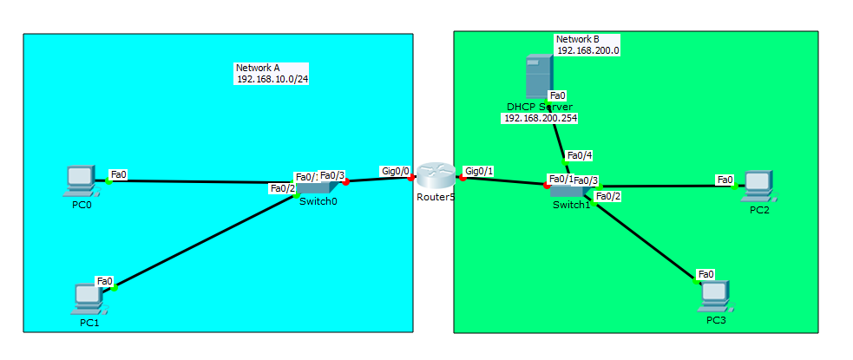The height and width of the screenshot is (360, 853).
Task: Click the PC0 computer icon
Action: (80, 179)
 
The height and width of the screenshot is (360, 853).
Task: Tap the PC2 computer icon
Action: (757, 183)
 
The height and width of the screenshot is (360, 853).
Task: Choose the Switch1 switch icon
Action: (569, 191)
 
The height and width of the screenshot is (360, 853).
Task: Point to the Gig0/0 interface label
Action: (395, 172)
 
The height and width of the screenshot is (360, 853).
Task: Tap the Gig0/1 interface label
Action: (479, 172)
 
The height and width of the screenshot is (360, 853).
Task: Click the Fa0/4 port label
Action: (579, 157)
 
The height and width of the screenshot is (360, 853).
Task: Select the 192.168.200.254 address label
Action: (541, 118)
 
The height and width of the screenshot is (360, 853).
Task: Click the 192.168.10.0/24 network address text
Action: (272, 79)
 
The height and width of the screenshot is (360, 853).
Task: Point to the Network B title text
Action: (577, 39)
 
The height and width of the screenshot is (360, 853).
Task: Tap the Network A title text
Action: (258, 68)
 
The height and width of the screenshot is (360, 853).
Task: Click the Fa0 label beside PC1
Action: (105, 281)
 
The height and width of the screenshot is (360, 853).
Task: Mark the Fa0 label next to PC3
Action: (706, 274)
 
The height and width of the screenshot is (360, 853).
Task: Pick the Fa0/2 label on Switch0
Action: (283, 188)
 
